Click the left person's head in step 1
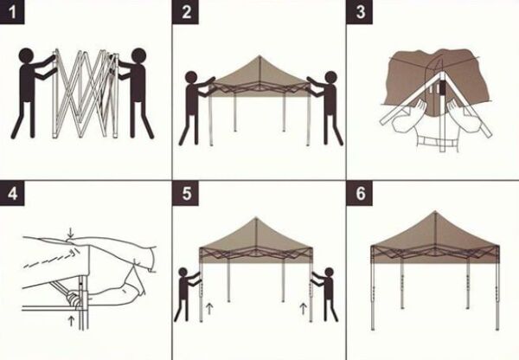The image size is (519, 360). point(26,58)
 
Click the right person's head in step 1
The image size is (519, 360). point(136,56)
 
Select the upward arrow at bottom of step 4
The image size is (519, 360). point(68,322)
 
